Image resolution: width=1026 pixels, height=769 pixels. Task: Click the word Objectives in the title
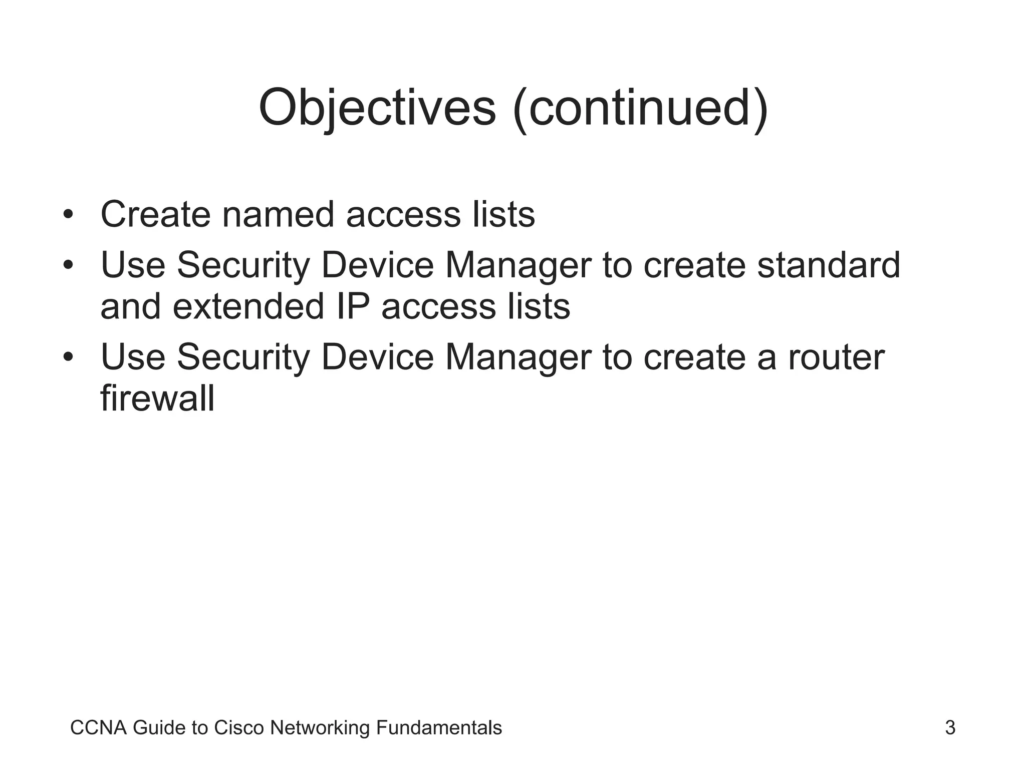click(377, 108)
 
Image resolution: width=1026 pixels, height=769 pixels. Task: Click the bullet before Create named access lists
click(68, 215)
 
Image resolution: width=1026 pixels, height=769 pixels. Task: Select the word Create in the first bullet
click(155, 215)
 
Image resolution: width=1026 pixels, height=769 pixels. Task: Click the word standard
click(829, 265)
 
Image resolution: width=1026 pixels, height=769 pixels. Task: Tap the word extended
click(248, 306)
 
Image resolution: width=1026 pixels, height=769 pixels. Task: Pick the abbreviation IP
click(353, 306)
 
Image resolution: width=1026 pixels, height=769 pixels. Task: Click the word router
click(836, 357)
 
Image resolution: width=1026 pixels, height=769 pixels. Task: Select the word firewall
click(157, 399)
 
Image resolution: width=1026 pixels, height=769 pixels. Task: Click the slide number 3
click(950, 727)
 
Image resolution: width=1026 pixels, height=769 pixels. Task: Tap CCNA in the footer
click(98, 728)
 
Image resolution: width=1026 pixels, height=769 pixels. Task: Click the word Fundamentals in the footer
click(438, 728)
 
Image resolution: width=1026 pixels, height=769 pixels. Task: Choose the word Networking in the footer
click(320, 728)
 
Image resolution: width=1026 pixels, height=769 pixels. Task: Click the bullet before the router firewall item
click(68, 357)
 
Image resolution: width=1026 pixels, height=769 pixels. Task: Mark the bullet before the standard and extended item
click(68, 265)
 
